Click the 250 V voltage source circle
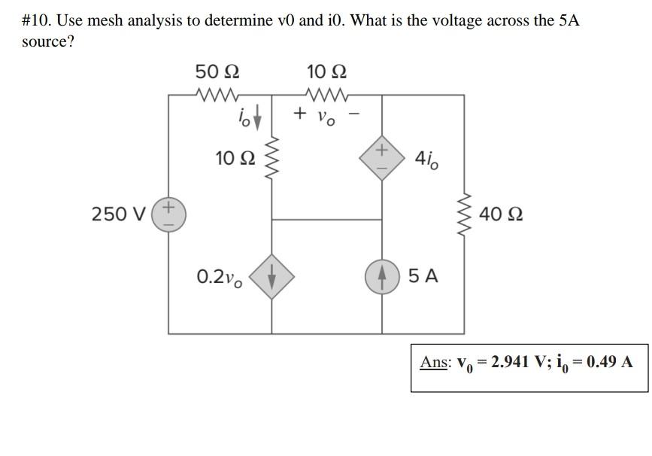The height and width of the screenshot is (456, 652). point(168,214)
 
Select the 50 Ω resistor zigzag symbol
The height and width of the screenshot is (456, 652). point(217,95)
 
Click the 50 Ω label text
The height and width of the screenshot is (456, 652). point(217,72)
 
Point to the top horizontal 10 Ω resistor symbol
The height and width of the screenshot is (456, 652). point(326,95)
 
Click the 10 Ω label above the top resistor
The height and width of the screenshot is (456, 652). point(327,72)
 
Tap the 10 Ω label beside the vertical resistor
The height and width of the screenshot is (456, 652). point(235,159)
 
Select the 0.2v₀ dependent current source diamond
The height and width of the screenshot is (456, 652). point(271,276)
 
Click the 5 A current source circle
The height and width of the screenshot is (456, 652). point(382,276)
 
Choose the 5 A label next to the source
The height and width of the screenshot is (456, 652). point(423,276)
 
